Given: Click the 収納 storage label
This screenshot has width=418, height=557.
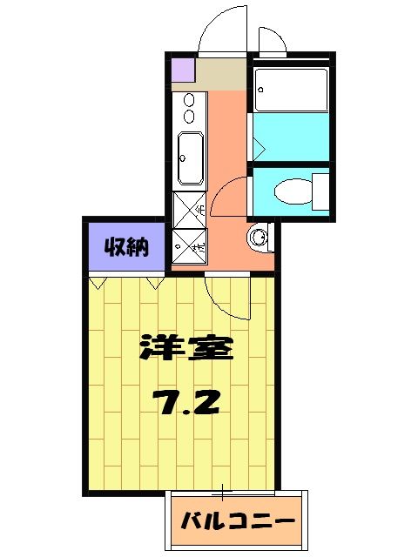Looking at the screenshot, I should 125,246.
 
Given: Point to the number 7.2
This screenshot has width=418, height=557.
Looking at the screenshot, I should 185,401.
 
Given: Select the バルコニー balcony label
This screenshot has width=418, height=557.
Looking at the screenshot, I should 238,522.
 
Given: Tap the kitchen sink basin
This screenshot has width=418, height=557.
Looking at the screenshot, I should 189,159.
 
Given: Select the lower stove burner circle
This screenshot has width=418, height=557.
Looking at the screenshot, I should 188,117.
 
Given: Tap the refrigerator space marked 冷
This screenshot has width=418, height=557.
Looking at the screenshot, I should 189,210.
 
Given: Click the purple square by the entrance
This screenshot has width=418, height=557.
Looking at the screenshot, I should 182,68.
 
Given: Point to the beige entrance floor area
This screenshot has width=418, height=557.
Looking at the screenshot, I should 222,74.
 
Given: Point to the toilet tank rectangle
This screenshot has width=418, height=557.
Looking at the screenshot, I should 320,191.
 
